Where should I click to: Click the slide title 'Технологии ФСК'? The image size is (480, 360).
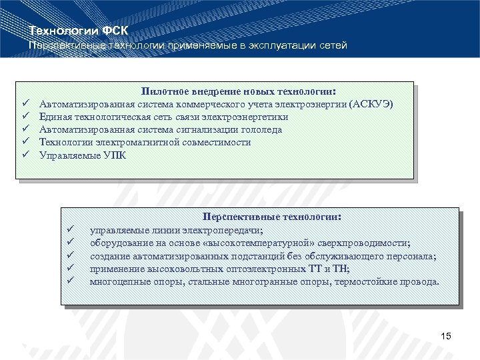[x=79, y=31]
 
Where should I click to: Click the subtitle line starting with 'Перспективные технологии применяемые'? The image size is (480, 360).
[x=187, y=45]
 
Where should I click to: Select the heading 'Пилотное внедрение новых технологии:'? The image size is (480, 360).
[x=239, y=91]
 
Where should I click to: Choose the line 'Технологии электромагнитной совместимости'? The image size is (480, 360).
[x=145, y=143]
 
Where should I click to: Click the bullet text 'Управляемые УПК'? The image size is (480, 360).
[x=82, y=155]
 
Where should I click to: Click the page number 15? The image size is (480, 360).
[x=446, y=336]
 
